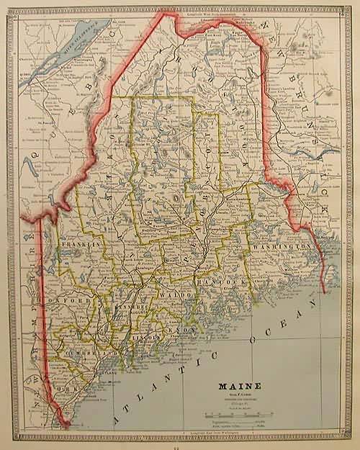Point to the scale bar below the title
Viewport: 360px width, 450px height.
(x=235, y=415)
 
